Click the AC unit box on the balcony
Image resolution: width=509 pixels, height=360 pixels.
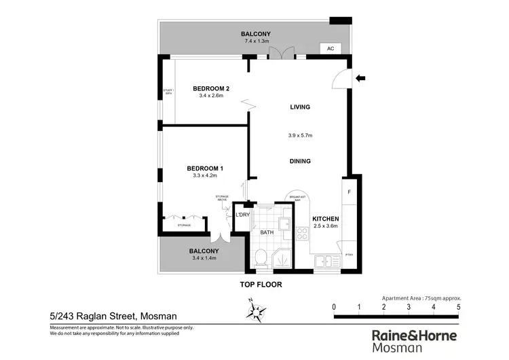pyautogui.click(x=331, y=49)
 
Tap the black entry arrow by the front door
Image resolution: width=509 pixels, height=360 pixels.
pyautogui.click(x=360, y=78)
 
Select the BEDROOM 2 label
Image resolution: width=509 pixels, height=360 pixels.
pyautogui.click(x=211, y=88)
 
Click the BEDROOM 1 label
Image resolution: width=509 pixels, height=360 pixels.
pyautogui.click(x=205, y=168)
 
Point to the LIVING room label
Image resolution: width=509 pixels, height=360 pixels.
pyautogui.click(x=299, y=107)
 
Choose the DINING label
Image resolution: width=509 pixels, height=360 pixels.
pyautogui.click(x=299, y=161)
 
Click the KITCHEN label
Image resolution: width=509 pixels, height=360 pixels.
pyautogui.click(x=325, y=219)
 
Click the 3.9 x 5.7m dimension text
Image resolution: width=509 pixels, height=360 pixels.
pyautogui.click(x=299, y=134)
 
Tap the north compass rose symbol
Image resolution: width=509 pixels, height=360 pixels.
pyautogui.click(x=257, y=310)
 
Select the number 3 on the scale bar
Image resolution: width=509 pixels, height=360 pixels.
pyautogui.click(x=409, y=307)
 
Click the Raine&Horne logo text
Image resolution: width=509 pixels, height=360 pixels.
pyautogui.click(x=415, y=336)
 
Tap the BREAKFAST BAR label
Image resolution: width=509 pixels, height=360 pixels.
pyautogui.click(x=298, y=198)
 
